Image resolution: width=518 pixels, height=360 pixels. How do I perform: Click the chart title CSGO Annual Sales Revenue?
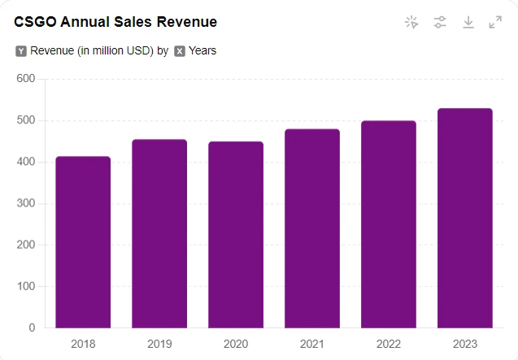tap(115, 22)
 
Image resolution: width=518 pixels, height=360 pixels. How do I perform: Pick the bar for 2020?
tap(236, 235)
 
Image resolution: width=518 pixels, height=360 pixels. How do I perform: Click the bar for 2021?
tap(312, 228)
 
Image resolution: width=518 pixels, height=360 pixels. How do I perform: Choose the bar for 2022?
tap(389, 224)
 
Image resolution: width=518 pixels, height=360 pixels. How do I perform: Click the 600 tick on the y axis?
tap(25, 79)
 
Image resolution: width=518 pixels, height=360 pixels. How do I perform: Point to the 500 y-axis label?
tap(25, 120)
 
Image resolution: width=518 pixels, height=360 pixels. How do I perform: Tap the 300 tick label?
tap(25, 203)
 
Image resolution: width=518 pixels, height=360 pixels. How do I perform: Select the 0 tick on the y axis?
tap(32, 327)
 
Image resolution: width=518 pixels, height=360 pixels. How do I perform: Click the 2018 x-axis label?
tap(83, 344)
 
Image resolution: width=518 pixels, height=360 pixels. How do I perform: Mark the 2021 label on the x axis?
tap(312, 344)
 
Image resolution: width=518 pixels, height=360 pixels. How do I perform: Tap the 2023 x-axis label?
tap(465, 344)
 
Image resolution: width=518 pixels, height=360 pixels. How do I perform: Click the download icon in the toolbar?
tap(468, 22)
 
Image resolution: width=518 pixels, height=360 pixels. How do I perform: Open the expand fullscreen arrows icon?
tap(495, 22)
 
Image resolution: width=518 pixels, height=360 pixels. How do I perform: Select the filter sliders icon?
tap(440, 22)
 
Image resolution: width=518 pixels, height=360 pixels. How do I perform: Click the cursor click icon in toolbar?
tap(411, 22)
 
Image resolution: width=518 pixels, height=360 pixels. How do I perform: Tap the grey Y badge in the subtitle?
tap(21, 51)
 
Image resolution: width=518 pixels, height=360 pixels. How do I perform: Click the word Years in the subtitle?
tap(202, 51)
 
